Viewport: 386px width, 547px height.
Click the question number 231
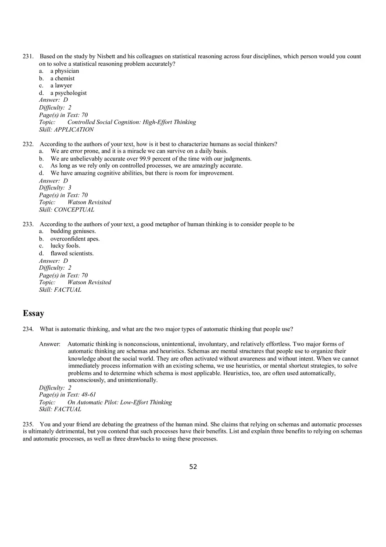coord(28,57)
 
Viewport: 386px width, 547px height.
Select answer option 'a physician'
coord(64,71)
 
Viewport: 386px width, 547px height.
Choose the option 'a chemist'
coord(62,79)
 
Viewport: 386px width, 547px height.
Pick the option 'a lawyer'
coord(61,86)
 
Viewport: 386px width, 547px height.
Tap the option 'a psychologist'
coord(68,93)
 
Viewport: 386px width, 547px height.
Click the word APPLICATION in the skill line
coord(74,130)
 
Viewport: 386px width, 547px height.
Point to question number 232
coord(28,144)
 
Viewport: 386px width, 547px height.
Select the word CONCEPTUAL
coord(74,210)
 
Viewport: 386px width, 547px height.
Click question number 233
coord(28,224)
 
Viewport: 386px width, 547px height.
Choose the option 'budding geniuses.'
coord(73,231)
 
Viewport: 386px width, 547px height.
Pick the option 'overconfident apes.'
coord(75,239)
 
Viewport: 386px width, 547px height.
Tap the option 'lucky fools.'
coord(65,246)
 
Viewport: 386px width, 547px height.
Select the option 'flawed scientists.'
coord(72,253)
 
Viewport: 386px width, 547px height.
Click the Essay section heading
coord(33,313)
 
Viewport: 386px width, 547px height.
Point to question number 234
coord(28,329)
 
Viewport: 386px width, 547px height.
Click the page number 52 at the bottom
coord(193,467)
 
